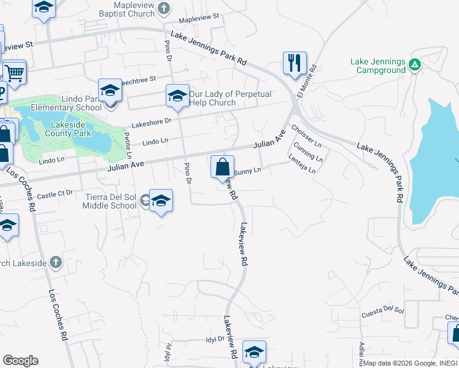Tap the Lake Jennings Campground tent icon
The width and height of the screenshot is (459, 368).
point(415,63)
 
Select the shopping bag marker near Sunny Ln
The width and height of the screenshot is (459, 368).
point(222,166)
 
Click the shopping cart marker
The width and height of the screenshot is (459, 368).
point(13,72)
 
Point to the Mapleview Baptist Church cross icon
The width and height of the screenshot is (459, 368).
point(163,8)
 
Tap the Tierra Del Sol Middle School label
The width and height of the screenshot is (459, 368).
point(110,201)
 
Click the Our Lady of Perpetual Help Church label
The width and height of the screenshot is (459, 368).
point(212,98)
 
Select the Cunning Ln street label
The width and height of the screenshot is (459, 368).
point(308,151)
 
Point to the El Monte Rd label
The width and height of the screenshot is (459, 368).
point(306,81)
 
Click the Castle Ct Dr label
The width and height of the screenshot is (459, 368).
point(55,196)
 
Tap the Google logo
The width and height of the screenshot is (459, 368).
point(20,361)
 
